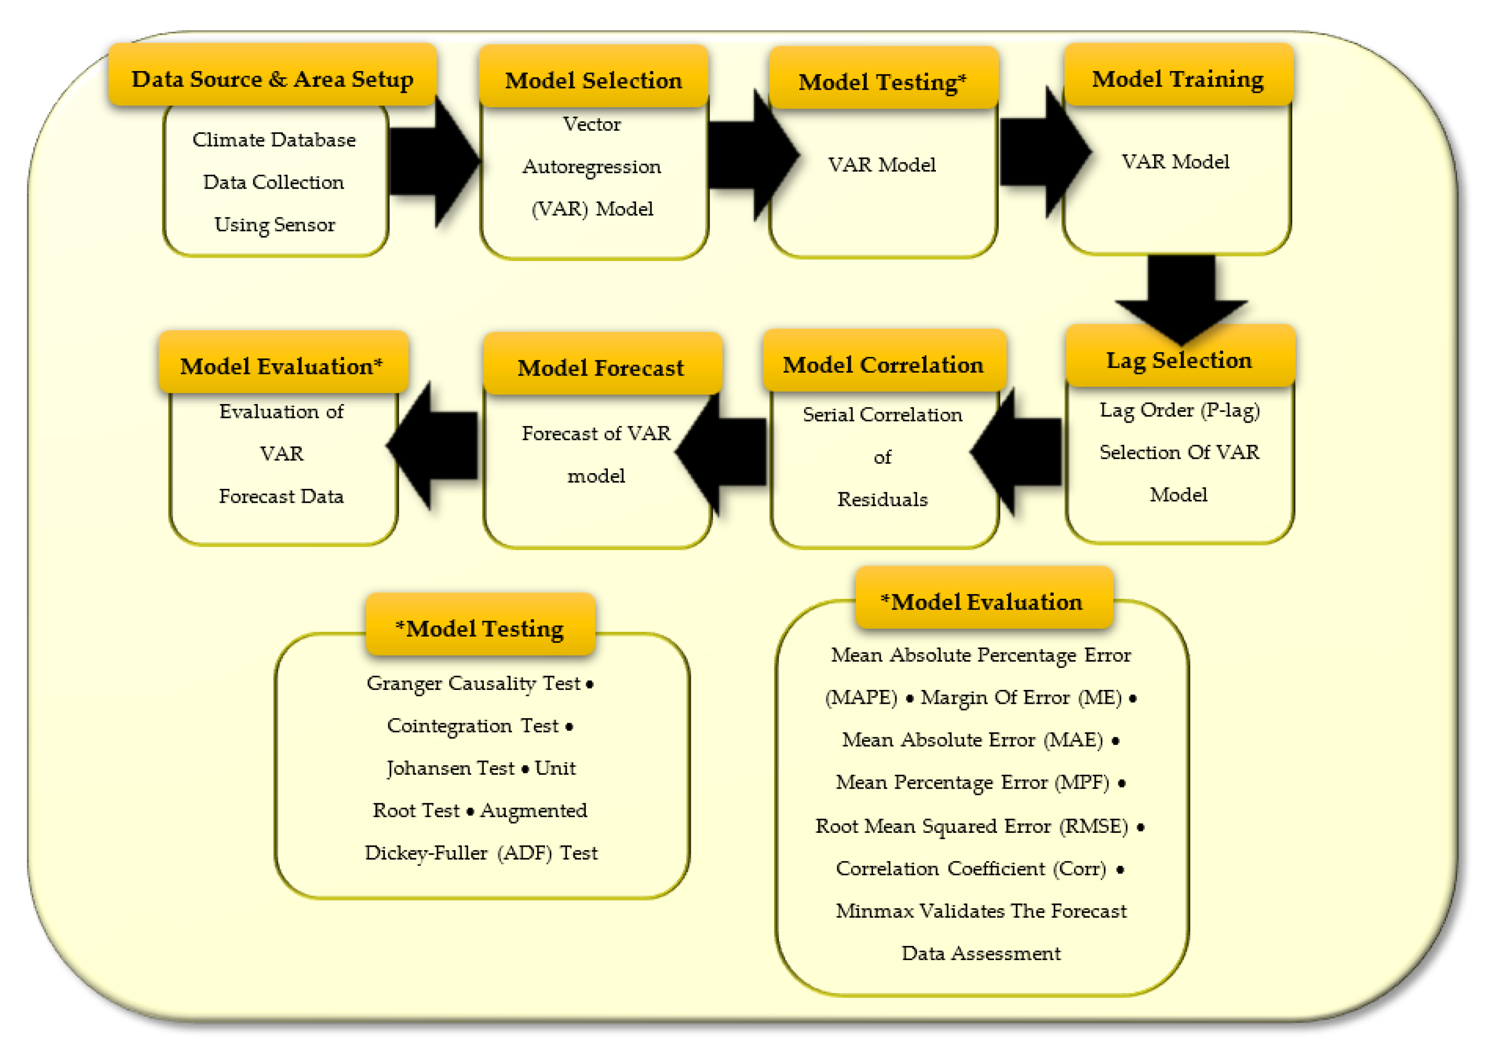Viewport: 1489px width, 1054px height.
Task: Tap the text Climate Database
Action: click(x=274, y=140)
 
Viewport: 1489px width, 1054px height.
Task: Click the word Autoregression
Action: click(x=592, y=167)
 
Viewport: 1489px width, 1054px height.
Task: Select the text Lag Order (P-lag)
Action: click(x=1179, y=410)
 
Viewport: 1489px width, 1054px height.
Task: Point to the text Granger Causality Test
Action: click(x=473, y=683)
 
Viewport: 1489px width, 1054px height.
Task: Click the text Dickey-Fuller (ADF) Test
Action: click(x=481, y=853)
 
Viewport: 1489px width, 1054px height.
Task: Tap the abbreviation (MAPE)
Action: click(x=861, y=698)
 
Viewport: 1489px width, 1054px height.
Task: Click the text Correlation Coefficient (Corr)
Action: click(x=971, y=868)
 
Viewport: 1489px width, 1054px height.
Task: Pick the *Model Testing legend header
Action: click(x=480, y=627)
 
